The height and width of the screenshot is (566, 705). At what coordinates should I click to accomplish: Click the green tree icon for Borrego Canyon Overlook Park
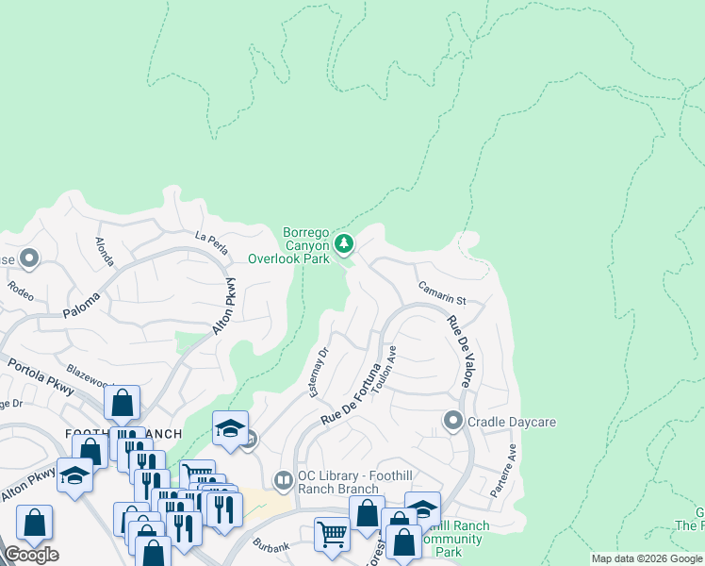coord(345,244)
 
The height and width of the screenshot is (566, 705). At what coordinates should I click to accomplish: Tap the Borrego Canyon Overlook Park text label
coord(289,245)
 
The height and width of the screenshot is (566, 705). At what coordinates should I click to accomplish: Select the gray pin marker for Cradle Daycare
coord(453,421)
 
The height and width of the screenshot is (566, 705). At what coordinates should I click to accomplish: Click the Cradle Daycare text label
coord(513,422)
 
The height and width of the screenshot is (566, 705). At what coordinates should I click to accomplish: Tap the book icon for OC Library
coord(283,481)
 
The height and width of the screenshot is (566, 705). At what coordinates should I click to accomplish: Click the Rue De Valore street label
coord(459,351)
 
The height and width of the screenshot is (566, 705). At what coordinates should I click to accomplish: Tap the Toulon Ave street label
coord(385,374)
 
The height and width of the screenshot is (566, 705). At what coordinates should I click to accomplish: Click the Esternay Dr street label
coord(320,372)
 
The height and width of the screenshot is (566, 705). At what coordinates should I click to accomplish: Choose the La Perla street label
coord(211,242)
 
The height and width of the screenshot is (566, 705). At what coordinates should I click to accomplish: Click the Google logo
coord(31,554)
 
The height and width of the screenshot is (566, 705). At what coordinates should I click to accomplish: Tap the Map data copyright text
coord(647,558)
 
